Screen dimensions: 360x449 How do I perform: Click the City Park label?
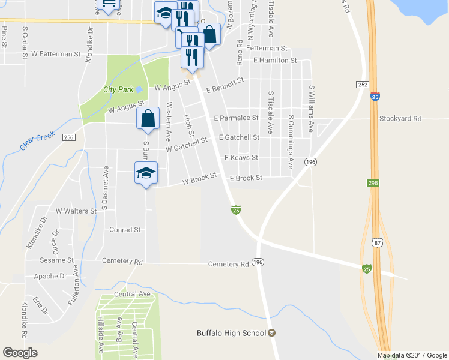[117, 89]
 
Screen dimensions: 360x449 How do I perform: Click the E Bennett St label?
[225, 85]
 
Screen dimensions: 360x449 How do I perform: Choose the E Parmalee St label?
[236, 118]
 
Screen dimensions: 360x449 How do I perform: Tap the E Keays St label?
[241, 158]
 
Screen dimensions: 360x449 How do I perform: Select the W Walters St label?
[76, 211]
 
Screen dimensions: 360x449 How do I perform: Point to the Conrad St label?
[125, 229]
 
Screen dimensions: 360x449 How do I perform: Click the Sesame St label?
[57, 261]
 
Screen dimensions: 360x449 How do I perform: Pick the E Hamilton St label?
[275, 61]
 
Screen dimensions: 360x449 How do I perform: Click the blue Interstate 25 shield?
[374, 96]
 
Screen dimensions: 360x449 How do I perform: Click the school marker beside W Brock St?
[146, 173]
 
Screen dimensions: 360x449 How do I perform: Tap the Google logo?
[20, 353]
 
